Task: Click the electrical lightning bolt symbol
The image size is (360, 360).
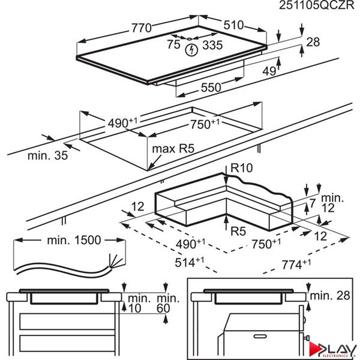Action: (190, 49)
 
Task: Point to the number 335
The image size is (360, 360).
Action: (211, 45)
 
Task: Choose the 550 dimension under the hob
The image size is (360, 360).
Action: (211, 87)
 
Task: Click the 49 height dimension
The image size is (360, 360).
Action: (269, 71)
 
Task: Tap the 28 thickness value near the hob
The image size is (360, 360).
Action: (313, 42)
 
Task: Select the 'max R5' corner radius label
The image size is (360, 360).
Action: (175, 148)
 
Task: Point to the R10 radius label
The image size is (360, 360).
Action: (242, 170)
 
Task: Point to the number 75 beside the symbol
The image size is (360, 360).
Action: (173, 45)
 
